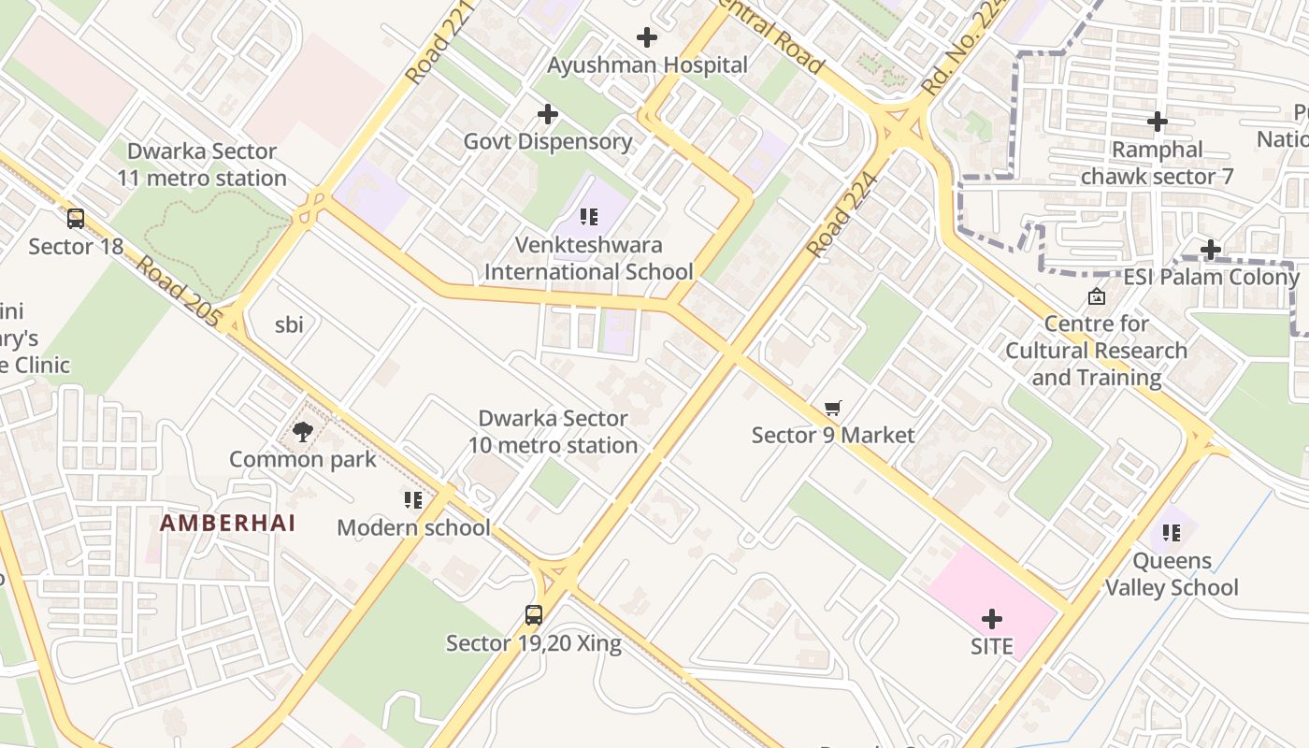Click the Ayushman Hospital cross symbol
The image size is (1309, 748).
pos(646,37)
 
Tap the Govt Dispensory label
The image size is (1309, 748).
pos(548,142)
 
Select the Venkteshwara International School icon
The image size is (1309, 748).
pos(589,218)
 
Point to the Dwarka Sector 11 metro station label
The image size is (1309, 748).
pos(202,165)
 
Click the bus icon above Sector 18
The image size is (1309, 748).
pos(76,219)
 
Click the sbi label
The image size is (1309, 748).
pos(289,324)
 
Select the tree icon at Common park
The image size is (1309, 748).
pos(302,431)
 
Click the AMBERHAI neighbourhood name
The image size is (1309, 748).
pos(227,523)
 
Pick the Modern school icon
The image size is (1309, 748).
pos(413,500)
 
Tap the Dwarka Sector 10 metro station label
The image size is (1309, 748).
pos(553,432)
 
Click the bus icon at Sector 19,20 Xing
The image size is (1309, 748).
pos(534,615)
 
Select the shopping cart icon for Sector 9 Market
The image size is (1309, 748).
pos(833,408)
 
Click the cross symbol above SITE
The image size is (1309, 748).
pos(992,619)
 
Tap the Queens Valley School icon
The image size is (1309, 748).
pos(1172,533)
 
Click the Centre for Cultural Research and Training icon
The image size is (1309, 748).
pos(1097,296)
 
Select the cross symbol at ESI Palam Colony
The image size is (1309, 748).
pos(1211,250)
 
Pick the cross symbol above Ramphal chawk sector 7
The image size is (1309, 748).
pos(1158,122)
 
